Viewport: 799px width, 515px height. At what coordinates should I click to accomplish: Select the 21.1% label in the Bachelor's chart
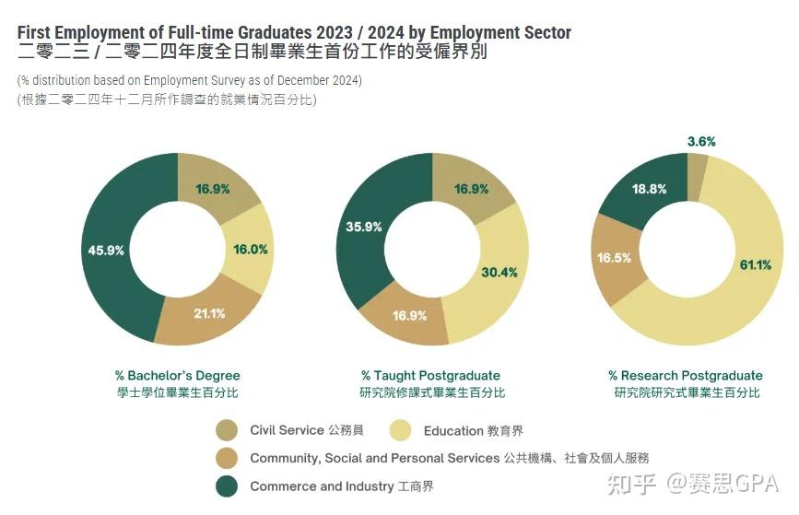pyautogui.click(x=210, y=313)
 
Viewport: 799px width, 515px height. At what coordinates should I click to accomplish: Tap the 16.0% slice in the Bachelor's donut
pyautogui.click(x=250, y=249)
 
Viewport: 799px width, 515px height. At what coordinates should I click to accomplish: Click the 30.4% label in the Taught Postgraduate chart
pyautogui.click(x=499, y=272)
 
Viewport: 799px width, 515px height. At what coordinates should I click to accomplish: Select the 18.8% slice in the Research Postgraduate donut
pyautogui.click(x=650, y=188)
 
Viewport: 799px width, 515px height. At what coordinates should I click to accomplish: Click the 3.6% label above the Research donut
pyautogui.click(x=701, y=142)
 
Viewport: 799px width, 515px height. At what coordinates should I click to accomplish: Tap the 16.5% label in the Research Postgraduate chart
pyautogui.click(x=615, y=258)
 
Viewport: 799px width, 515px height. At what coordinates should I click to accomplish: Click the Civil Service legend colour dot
pyautogui.click(x=227, y=430)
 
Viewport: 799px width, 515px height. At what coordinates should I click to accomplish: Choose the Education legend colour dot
pyautogui.click(x=401, y=430)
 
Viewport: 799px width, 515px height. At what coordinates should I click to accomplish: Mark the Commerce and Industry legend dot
pyautogui.click(x=227, y=486)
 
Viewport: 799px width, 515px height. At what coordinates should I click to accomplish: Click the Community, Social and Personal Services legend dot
pyautogui.click(x=227, y=458)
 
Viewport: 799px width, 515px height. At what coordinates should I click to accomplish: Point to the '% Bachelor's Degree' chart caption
pyautogui.click(x=177, y=376)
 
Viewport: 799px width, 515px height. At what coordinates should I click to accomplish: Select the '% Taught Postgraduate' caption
pyautogui.click(x=430, y=376)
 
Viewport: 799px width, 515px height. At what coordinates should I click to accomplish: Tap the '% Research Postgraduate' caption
pyautogui.click(x=686, y=376)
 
